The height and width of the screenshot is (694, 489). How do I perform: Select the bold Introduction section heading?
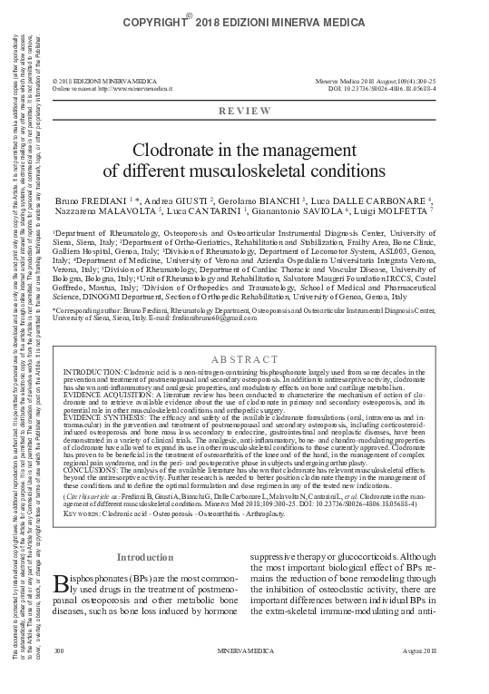point(145,556)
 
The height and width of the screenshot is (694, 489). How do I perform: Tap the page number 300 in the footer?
point(59,677)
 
